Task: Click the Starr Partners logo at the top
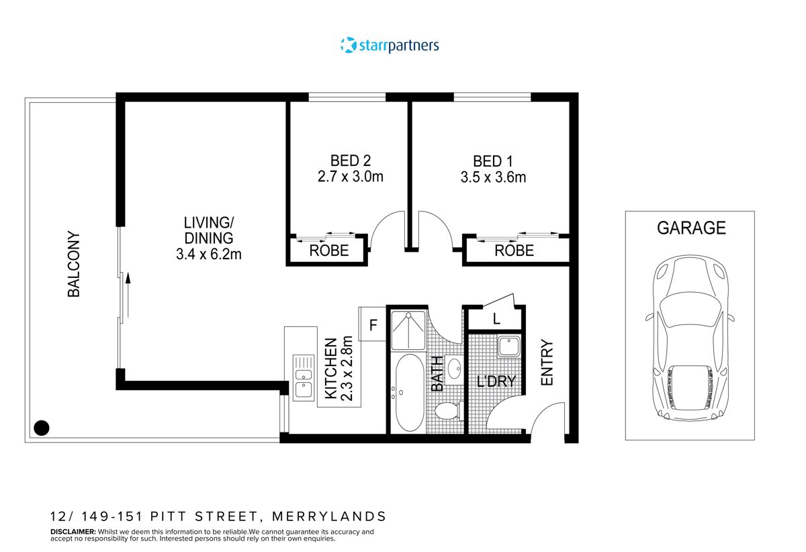[390, 46]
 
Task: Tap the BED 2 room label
[350, 161]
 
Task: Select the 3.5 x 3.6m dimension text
[492, 178]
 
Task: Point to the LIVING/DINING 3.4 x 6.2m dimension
[209, 255]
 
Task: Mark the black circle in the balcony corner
[42, 427]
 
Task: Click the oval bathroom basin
[453, 369]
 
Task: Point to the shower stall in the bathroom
[408, 330]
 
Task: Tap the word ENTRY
[547, 363]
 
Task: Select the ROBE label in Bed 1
[514, 251]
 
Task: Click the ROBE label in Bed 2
[328, 251]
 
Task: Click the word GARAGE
[691, 228]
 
